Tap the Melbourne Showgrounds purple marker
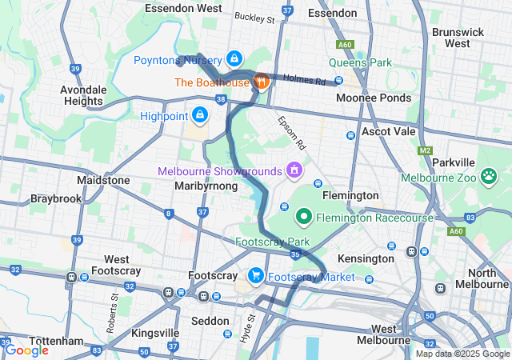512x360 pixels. [x=294, y=170]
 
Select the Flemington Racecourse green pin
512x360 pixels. [x=304, y=216]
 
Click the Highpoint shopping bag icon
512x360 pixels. [x=199, y=116]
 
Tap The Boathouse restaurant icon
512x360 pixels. [x=261, y=81]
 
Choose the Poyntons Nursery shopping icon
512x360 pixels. [x=234, y=58]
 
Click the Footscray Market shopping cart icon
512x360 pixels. [x=255, y=276]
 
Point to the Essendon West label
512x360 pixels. [x=183, y=9]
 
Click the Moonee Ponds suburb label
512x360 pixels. [x=374, y=98]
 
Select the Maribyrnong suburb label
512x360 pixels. [x=206, y=186]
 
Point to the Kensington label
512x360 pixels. [x=366, y=258]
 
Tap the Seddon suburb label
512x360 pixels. [x=210, y=321]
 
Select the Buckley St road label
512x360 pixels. [x=254, y=17]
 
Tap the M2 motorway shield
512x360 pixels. [x=425, y=150]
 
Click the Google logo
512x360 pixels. [x=26, y=350]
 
